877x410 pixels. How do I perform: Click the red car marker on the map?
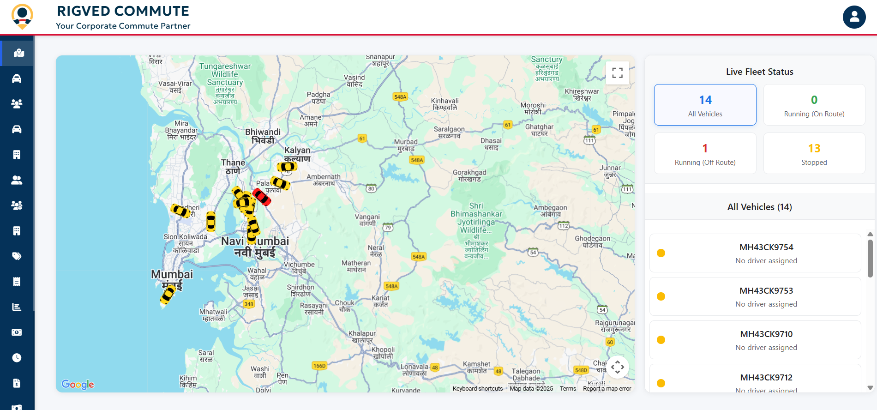pos(261,197)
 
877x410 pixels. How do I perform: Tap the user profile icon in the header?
pos(854,17)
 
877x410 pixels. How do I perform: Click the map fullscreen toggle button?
pos(617,73)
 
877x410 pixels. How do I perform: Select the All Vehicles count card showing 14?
pos(705,105)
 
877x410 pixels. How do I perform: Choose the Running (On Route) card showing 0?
pos(814,105)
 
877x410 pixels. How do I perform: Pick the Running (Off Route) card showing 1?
pos(705,153)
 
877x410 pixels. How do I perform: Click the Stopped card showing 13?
pos(814,153)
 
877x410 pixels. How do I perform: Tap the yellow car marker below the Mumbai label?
pos(168,294)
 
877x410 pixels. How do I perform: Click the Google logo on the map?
pos(78,384)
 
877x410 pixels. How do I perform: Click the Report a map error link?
pos(607,389)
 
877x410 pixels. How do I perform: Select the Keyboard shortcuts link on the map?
pos(477,389)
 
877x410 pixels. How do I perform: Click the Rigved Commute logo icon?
pos(22,17)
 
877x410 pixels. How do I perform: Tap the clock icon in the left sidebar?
pos(17,358)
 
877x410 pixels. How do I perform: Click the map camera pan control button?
pos(617,367)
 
